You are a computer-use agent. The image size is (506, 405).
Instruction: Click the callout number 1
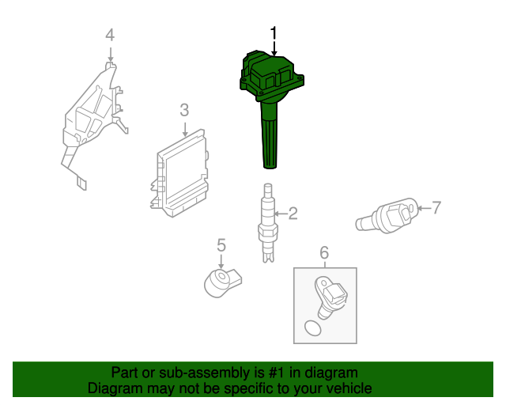tap(274, 33)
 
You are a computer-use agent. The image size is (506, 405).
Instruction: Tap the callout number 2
tap(293, 213)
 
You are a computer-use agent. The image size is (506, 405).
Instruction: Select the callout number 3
tap(183, 110)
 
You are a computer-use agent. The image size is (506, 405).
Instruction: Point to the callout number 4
tap(110, 35)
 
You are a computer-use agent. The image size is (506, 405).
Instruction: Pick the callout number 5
tap(221, 246)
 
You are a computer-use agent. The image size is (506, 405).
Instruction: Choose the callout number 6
tap(323, 252)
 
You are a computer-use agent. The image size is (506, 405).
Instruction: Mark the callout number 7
tap(436, 208)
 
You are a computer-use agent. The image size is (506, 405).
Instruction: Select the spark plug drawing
tap(267, 222)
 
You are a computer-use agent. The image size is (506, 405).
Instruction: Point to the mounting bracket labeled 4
tap(93, 119)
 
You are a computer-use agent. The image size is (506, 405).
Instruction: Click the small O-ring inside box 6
tap(314, 327)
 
